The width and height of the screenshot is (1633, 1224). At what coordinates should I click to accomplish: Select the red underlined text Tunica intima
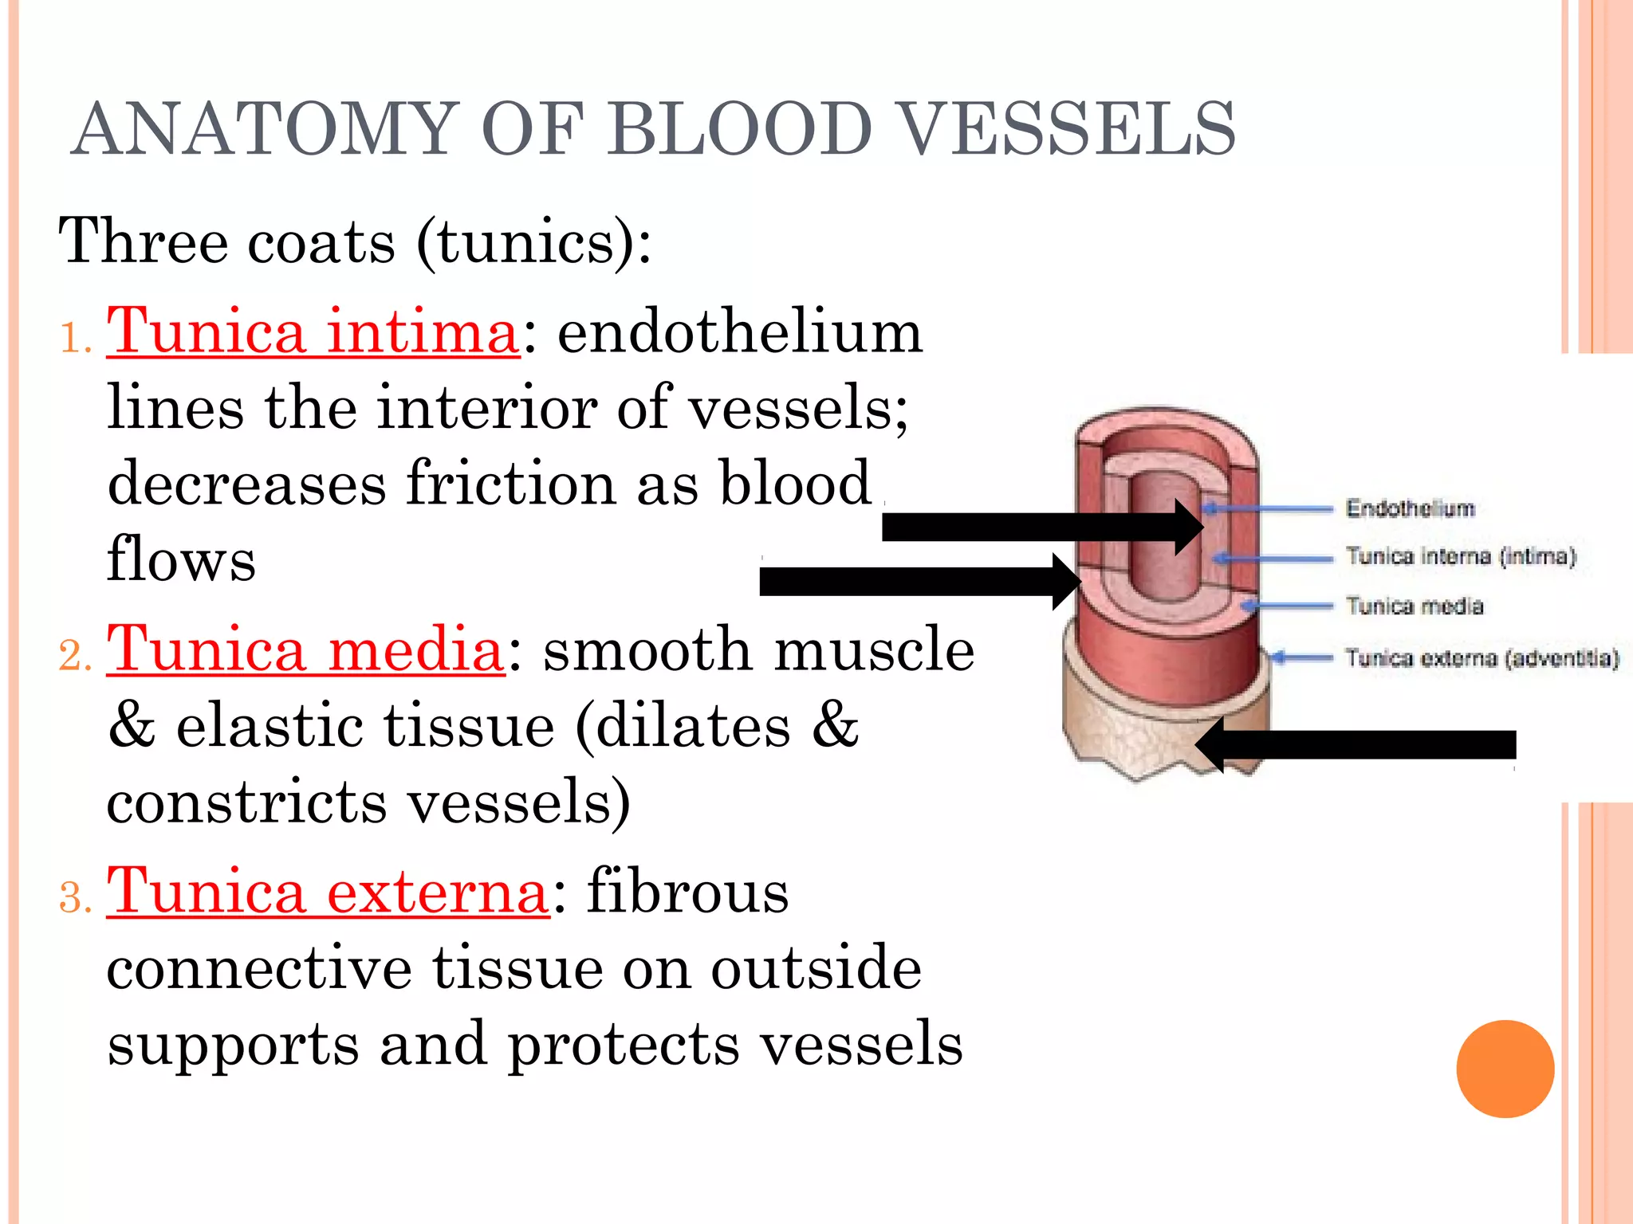click(x=313, y=333)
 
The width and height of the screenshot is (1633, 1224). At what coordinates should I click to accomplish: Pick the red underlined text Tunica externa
click(x=328, y=892)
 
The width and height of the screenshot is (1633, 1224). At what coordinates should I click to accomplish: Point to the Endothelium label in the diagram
click(x=1410, y=508)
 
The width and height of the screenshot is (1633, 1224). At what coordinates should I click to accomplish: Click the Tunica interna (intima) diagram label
click(x=1461, y=556)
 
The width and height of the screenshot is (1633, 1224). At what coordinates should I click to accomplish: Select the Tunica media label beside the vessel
click(x=1415, y=606)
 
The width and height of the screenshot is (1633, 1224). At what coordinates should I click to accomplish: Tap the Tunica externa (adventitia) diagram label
click(x=1482, y=658)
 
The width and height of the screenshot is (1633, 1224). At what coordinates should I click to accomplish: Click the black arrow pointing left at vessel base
click(x=1356, y=744)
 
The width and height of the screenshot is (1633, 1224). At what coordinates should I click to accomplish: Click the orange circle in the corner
click(x=1505, y=1069)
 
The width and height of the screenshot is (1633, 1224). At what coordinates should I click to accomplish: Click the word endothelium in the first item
click(x=739, y=333)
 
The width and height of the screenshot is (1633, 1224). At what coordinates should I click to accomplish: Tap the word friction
click(x=510, y=484)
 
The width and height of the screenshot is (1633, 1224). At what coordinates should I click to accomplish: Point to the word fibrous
click(x=687, y=892)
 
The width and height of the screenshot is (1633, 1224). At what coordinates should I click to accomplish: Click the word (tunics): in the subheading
click(x=533, y=242)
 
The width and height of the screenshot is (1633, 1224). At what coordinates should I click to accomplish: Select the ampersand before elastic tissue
click(x=132, y=727)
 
